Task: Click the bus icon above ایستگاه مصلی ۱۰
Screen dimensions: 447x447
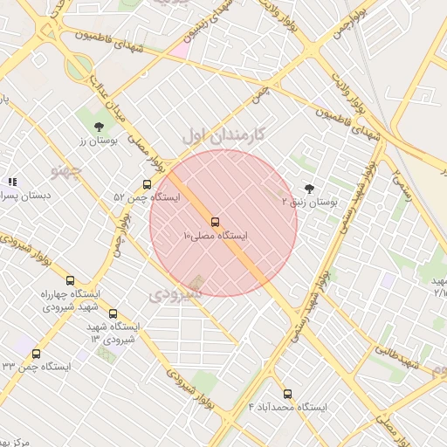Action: coord(215,222)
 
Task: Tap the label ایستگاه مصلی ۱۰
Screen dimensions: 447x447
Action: coord(216,236)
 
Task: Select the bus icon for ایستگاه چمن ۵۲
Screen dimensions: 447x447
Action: coord(146,184)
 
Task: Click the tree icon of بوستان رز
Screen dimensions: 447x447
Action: coord(98,127)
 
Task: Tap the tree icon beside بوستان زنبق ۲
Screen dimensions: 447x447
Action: coord(309,188)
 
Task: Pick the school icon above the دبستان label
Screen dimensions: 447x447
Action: coord(12,182)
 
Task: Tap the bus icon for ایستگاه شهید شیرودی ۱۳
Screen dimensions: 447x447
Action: coord(113,313)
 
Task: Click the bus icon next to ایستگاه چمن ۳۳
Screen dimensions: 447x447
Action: coord(36,354)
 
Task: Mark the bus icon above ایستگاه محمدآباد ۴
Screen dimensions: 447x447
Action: coord(287,393)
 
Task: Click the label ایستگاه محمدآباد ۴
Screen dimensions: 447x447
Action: coord(287,408)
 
